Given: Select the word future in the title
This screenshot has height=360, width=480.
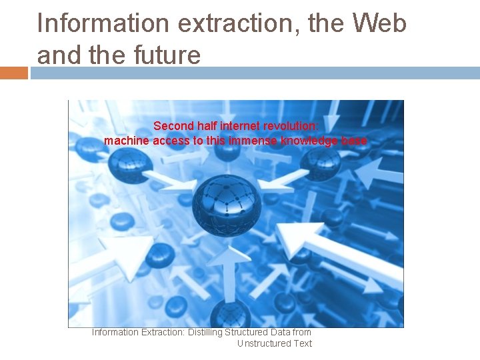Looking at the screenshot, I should [167, 55].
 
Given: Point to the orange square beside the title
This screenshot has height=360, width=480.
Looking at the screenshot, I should [14, 73].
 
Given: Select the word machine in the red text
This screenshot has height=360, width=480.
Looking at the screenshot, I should [127, 141].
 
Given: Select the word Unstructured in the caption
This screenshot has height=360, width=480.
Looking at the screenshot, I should [262, 343].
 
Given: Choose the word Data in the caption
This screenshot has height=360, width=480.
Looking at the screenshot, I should [280, 332].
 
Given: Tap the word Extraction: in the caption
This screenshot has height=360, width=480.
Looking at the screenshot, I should [163, 332].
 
